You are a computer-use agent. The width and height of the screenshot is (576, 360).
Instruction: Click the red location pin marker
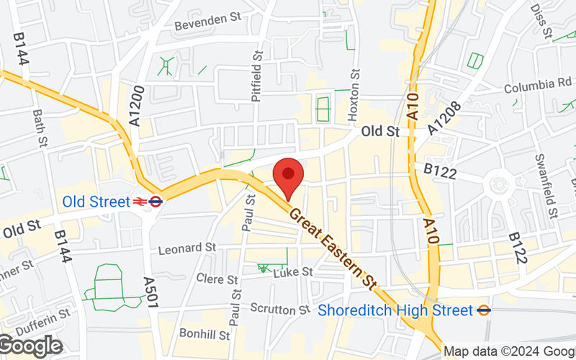288,176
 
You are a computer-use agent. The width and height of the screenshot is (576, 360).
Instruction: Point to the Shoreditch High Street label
395,310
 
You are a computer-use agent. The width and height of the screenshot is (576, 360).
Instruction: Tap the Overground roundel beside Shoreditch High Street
485,310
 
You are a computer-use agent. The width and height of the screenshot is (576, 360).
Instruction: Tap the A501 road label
150,294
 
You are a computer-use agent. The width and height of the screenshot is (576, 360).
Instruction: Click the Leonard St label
187,248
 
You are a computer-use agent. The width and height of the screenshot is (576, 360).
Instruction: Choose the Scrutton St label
279,309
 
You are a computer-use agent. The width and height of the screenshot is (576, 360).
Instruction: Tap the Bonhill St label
204,335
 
